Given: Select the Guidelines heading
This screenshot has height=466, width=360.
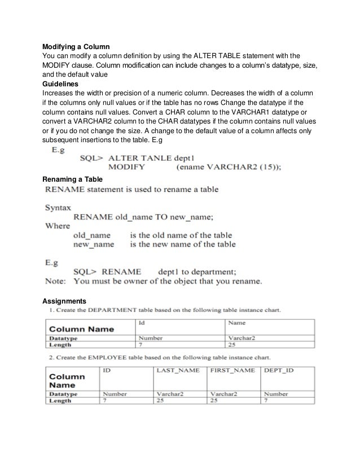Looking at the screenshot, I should point(62,82).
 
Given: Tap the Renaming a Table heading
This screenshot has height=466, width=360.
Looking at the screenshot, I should point(72,179).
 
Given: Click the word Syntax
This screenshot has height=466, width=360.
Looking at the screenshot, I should point(58,207).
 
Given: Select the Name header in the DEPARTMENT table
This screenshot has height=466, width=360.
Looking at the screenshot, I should point(236,323).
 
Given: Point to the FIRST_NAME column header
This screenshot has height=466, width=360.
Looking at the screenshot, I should point(231,370).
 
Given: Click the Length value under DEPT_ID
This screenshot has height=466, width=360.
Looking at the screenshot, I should point(266,400).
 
